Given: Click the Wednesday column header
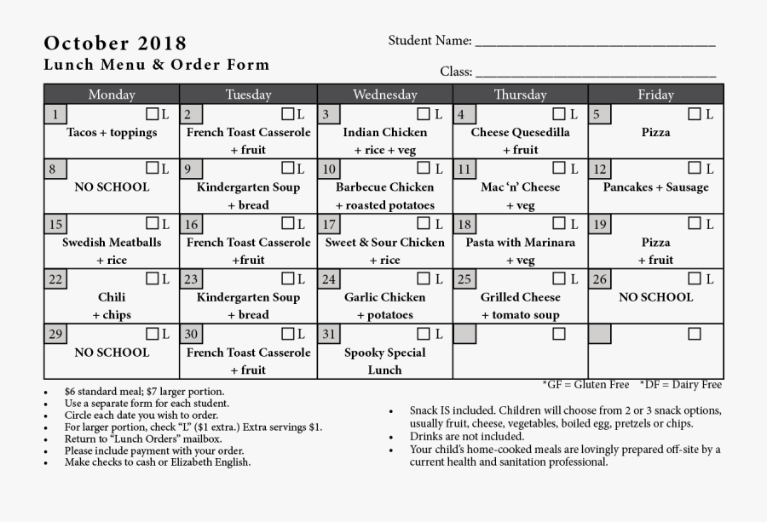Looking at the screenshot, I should [x=384, y=95].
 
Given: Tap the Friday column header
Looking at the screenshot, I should [x=655, y=95].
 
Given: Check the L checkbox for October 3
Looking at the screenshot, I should [x=424, y=114].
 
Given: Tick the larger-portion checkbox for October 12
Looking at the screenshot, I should [x=695, y=169].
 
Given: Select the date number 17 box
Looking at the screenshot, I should [x=328, y=225].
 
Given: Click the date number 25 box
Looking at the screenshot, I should [x=464, y=279].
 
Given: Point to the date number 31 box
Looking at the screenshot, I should [x=328, y=334].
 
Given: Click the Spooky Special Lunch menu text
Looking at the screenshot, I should [x=384, y=361].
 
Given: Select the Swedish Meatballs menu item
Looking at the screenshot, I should [x=112, y=243].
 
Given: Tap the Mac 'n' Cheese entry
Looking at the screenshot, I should [x=520, y=187].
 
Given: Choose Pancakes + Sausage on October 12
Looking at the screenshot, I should [x=655, y=187].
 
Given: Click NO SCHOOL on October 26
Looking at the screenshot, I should [x=655, y=297].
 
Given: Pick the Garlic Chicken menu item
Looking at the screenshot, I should [x=384, y=297].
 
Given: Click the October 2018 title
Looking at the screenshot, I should [x=115, y=43].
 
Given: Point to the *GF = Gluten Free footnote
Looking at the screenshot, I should [x=586, y=385].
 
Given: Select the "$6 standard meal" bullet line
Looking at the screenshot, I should [x=144, y=392].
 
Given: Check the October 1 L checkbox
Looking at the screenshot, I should [x=152, y=114].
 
